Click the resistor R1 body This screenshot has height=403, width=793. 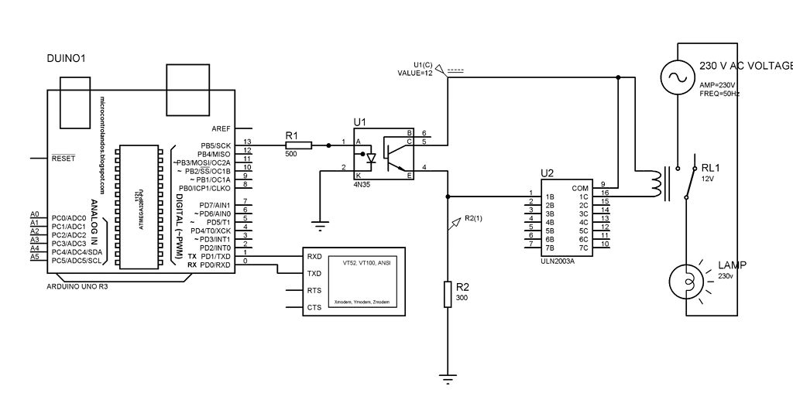(x=297, y=145)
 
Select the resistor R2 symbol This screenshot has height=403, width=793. (x=448, y=294)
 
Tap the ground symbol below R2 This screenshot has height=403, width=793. (x=448, y=379)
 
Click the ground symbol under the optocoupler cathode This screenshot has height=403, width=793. (x=318, y=226)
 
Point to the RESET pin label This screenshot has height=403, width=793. (x=63, y=159)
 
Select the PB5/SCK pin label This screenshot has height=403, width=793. (x=215, y=145)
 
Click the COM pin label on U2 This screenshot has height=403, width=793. (x=579, y=188)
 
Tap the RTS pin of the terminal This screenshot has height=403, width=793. (x=314, y=290)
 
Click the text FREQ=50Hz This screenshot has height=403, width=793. (x=719, y=94)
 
